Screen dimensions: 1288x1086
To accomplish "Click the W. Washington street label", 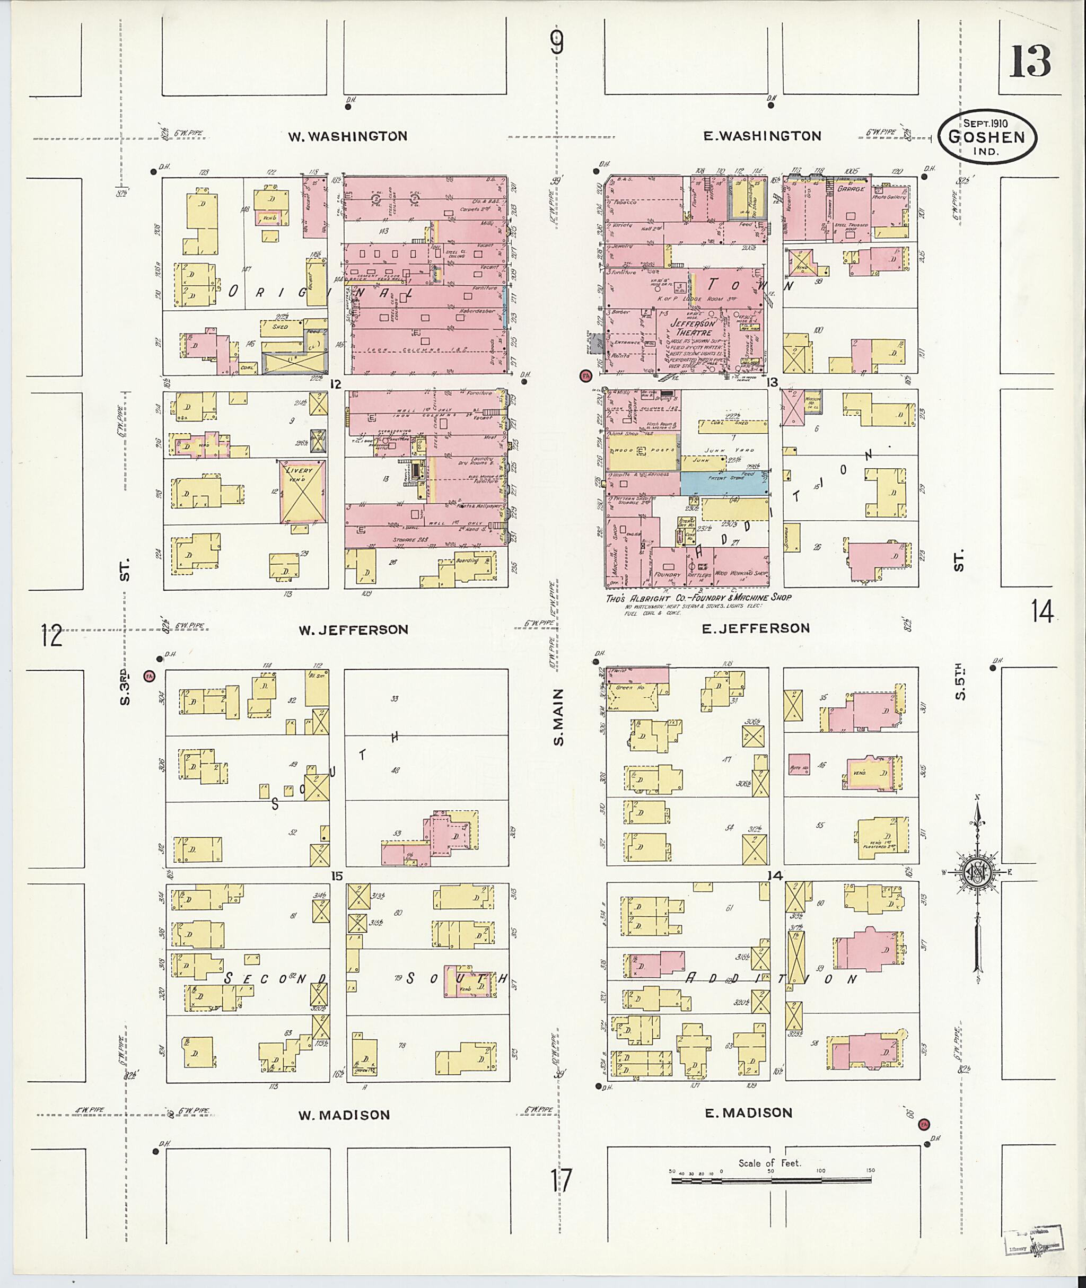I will (348, 136).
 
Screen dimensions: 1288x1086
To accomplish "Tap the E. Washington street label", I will (762, 136).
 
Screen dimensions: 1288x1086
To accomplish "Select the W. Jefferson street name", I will (353, 629).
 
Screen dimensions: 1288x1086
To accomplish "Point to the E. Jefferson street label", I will (757, 628).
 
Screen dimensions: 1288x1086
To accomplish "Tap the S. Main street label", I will (558, 717).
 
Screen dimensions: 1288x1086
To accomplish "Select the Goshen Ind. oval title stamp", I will (987, 138).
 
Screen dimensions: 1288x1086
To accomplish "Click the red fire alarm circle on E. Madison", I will (923, 1124).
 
